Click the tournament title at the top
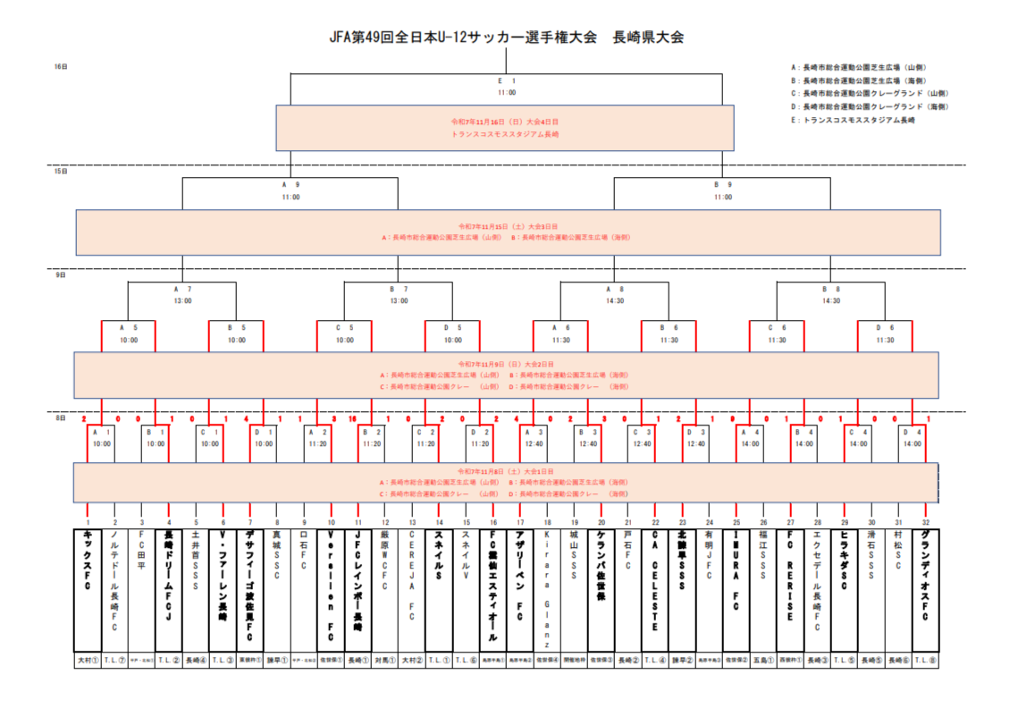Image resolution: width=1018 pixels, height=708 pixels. [x=507, y=38]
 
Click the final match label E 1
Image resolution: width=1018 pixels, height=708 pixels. [x=507, y=81]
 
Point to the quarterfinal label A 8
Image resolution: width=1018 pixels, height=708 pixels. [x=614, y=290]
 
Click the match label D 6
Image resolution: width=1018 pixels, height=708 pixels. [x=885, y=328]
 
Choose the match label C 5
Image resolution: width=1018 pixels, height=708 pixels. [x=344, y=328]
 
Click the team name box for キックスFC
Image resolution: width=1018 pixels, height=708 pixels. [x=88, y=590]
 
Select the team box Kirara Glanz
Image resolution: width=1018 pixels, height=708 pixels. [x=547, y=590]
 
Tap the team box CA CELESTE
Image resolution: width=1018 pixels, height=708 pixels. [x=655, y=590]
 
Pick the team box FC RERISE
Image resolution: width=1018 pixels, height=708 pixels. [x=790, y=590]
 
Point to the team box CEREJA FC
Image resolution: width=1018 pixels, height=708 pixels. [x=412, y=590]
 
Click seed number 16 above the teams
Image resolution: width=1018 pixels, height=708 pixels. [x=492, y=522]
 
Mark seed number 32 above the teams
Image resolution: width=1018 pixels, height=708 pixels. [x=925, y=522]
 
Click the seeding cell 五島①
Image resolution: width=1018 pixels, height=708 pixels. [x=763, y=661]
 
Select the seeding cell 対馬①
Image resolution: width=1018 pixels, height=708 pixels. [x=385, y=661]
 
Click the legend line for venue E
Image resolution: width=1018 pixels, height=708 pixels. [x=853, y=120]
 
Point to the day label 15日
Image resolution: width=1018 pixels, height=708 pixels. [x=61, y=171]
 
